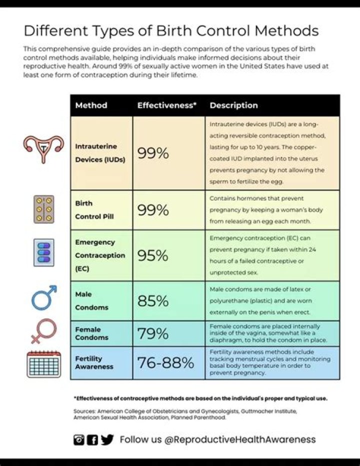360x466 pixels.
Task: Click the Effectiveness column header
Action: coord(166,106)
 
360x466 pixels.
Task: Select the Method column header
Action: coord(91,106)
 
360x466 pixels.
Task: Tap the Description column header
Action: coord(233,106)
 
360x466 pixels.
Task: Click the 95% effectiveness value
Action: coord(152,255)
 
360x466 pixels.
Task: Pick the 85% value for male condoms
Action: coord(152,301)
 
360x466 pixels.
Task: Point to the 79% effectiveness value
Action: coord(152,333)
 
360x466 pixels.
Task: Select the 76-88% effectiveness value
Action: coord(165,363)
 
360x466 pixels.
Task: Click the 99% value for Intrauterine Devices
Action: coord(152,153)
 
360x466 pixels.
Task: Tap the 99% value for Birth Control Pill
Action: coord(152,210)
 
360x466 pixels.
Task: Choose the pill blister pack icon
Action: coord(43,209)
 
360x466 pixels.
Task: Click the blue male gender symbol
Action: coord(44,298)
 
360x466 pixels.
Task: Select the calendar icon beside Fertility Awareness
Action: coord(43,364)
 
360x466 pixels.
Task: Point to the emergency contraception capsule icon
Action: coord(43,253)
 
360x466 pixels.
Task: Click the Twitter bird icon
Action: coord(107,439)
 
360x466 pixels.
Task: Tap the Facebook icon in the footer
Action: coord(92,440)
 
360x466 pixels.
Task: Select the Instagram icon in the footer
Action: coord(79,440)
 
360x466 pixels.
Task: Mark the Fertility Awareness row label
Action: coord(94,362)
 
